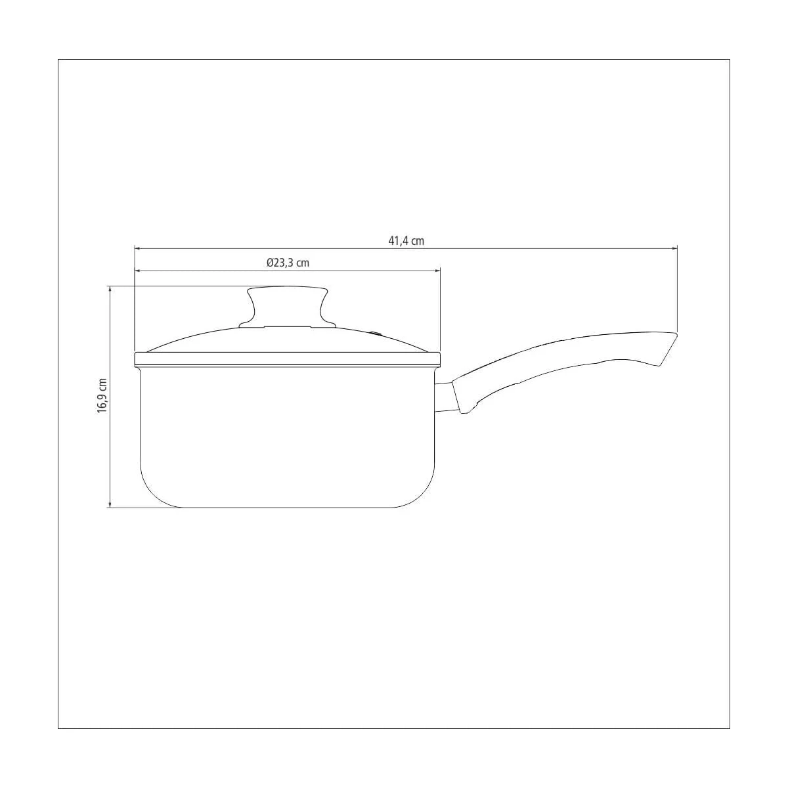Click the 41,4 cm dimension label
pos(406,241)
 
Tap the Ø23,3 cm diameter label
pos(288,263)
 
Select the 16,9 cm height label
pos(102,395)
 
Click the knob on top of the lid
pos(288,307)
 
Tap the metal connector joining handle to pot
pos(443,397)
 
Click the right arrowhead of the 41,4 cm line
pos(675,248)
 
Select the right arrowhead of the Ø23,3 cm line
pos(437,271)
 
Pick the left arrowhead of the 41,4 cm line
pos(137,248)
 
